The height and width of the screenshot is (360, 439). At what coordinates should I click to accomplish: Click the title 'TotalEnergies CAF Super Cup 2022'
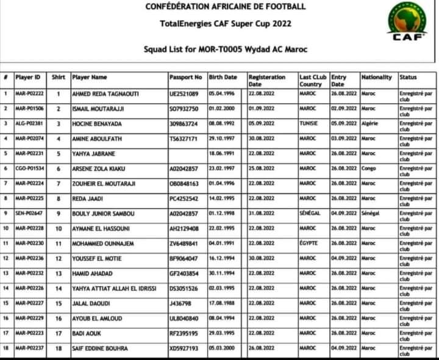217,24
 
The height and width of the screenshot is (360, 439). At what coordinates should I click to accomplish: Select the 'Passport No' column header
185,77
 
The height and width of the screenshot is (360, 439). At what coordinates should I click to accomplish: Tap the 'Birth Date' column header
223,77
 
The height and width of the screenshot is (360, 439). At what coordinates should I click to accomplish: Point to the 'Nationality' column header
376,77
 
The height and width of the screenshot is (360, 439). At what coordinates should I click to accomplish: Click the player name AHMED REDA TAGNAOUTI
104,94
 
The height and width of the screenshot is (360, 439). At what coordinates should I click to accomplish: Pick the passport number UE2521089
184,94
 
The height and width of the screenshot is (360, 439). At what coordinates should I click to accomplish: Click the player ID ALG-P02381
29,124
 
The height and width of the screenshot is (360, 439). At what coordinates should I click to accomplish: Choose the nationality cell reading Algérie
370,124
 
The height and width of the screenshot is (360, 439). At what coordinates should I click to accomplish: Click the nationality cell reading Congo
369,168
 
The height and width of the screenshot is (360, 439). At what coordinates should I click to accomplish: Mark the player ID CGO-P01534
29,168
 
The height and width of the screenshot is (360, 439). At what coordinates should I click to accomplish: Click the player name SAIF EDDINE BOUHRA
100,348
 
